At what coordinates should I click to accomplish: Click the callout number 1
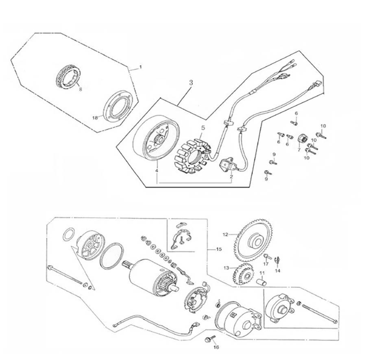click(141, 66)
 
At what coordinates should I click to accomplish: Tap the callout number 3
click(191, 82)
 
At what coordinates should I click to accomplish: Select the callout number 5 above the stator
click(203, 128)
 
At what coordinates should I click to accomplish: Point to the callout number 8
click(80, 89)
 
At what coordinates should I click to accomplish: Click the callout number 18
click(95, 117)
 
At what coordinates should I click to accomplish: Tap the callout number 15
click(219, 249)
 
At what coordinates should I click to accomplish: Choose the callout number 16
click(216, 347)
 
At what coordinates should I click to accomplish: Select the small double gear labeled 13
click(243, 275)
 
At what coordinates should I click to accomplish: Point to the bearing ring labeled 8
click(68, 76)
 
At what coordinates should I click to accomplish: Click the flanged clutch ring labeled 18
click(117, 107)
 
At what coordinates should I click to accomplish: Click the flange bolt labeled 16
click(209, 338)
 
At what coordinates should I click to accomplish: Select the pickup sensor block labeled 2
click(228, 166)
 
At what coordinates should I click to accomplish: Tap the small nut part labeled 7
click(303, 139)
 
